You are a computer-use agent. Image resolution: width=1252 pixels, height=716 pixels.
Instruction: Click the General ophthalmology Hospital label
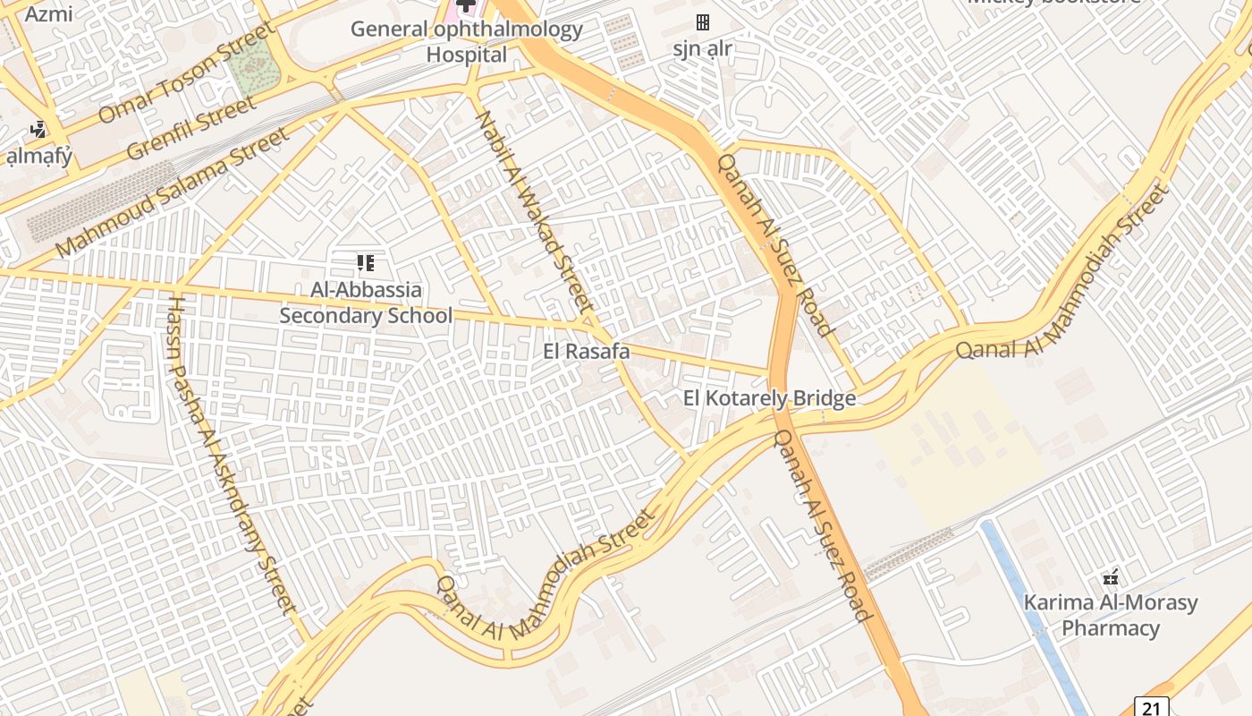tap(466, 41)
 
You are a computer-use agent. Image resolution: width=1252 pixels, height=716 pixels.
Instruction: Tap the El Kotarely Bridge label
tap(769, 398)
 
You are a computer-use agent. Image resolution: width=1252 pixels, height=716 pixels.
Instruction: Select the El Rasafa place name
tap(586, 352)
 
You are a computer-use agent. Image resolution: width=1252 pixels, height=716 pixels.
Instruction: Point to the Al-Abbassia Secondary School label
tap(366, 303)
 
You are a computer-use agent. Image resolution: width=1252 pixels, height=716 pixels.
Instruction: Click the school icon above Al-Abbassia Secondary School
tap(365, 263)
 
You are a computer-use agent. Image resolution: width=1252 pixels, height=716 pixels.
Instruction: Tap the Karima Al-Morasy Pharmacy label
tap(1110, 615)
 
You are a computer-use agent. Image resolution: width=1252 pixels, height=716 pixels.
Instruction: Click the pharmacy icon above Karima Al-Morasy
tap(1111, 577)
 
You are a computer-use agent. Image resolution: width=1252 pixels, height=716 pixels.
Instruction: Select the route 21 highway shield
tap(1151, 707)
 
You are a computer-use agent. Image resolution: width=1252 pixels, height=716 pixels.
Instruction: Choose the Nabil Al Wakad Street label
tap(535, 215)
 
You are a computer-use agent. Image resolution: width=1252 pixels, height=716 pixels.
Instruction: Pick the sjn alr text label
tap(703, 48)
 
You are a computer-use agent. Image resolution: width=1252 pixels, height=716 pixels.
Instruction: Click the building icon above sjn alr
tap(703, 21)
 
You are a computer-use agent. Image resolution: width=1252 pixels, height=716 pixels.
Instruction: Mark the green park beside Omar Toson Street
tap(251, 67)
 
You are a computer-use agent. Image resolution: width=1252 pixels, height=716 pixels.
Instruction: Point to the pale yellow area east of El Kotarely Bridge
tap(961, 447)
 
